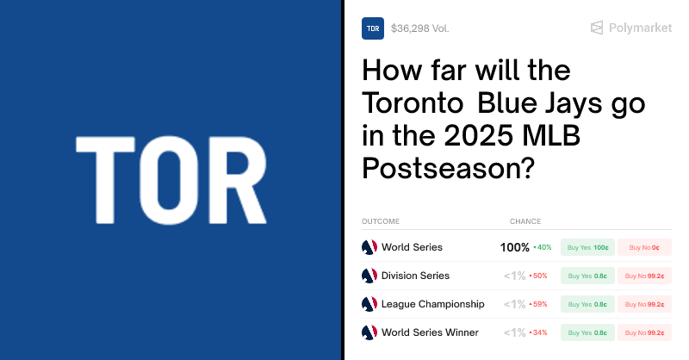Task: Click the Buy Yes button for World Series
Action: [588, 248]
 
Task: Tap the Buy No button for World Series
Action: [644, 248]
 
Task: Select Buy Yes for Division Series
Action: [588, 276]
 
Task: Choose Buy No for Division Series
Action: [644, 276]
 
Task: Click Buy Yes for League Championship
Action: [588, 304]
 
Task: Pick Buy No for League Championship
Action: [644, 304]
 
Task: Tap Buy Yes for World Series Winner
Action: [588, 332]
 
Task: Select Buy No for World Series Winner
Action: [644, 332]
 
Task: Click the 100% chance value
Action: [514, 248]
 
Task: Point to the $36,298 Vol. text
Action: [419, 28]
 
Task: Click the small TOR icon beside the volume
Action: [373, 28]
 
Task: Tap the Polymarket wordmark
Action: [640, 28]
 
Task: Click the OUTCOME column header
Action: [381, 221]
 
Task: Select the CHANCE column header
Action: [525, 221]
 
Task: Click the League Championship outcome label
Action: [432, 304]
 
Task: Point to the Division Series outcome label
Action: [415, 276]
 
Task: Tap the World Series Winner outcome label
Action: [429, 332]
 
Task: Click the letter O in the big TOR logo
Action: [171, 180]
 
